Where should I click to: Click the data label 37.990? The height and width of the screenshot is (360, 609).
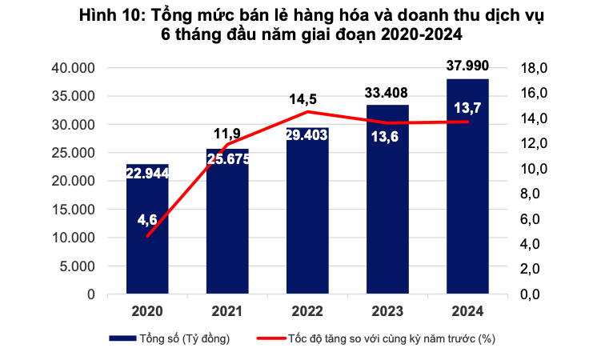(x=467, y=66)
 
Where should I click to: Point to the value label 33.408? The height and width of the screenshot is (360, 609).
(x=387, y=92)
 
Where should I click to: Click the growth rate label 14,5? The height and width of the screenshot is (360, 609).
(x=303, y=99)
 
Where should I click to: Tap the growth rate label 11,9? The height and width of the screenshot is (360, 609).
(x=227, y=132)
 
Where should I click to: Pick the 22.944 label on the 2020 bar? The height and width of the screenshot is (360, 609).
(x=147, y=175)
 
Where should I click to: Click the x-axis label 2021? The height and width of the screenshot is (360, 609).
(x=227, y=310)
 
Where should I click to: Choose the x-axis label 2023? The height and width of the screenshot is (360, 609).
(x=387, y=310)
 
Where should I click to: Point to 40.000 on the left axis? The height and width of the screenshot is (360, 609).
(x=73, y=68)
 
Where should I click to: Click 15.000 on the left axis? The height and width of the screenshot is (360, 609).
(x=73, y=210)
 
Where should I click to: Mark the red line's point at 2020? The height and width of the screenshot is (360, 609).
(x=147, y=236)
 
